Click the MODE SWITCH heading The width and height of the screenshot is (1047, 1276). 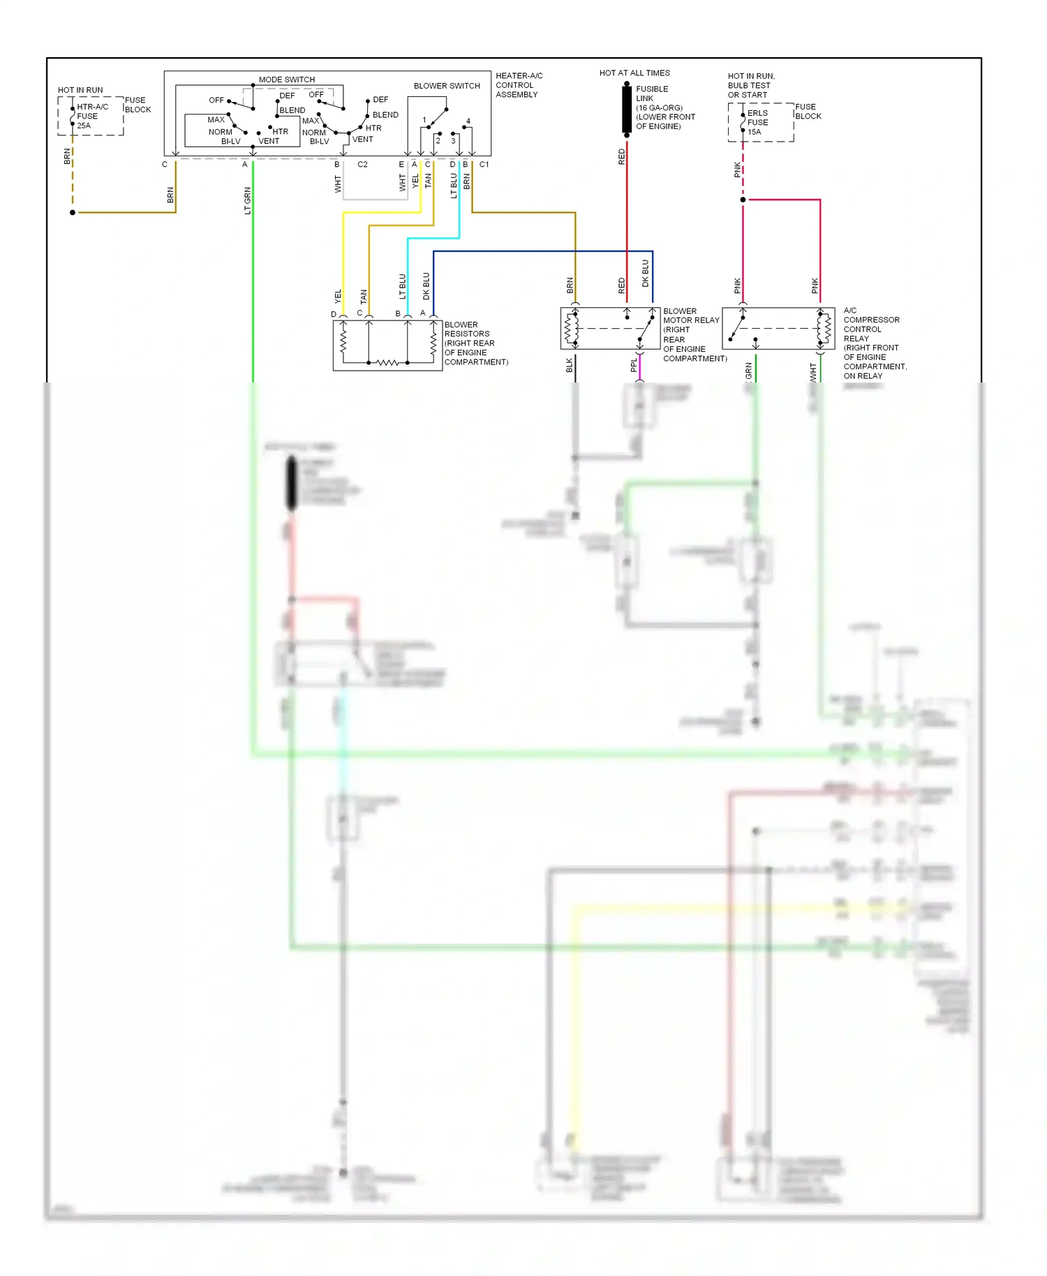287,80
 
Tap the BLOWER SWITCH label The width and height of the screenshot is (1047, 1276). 447,86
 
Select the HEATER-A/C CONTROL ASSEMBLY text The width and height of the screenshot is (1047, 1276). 519,85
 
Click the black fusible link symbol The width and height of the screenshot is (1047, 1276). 627,109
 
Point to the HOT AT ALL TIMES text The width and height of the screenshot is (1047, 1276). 634,73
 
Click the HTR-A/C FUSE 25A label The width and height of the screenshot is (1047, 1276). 91,117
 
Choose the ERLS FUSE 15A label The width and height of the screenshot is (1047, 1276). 757,122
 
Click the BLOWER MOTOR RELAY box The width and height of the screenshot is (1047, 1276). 610,328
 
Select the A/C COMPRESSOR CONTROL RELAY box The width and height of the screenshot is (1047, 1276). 778,328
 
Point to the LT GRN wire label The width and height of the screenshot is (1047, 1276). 247,201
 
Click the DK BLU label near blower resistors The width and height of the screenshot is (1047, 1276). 426,286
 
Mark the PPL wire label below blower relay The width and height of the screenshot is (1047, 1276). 634,365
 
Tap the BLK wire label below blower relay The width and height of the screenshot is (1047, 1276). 570,365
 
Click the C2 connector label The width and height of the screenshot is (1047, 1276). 362,165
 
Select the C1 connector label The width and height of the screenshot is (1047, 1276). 484,165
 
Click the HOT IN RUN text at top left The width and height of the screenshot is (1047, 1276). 80,91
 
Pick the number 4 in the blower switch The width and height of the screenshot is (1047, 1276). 468,121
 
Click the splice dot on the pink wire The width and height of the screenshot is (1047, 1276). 743,200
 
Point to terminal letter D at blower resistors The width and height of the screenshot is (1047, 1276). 334,315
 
